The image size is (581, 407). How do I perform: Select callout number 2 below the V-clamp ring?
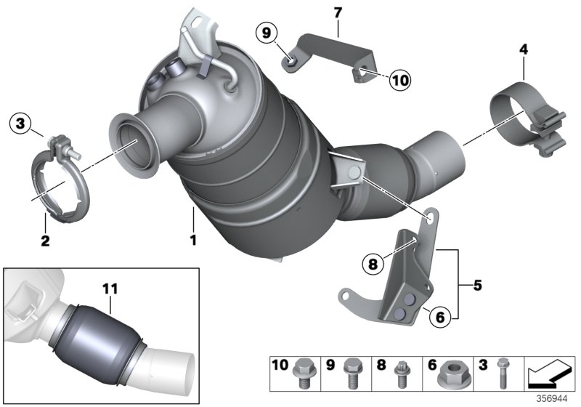pos(45,241)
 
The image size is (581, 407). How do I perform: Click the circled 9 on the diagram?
pos(266,32)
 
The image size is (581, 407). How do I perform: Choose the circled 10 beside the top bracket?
pos(399,80)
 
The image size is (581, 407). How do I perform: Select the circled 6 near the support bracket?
pos(440,316)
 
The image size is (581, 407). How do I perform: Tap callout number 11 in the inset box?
pos(110,289)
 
